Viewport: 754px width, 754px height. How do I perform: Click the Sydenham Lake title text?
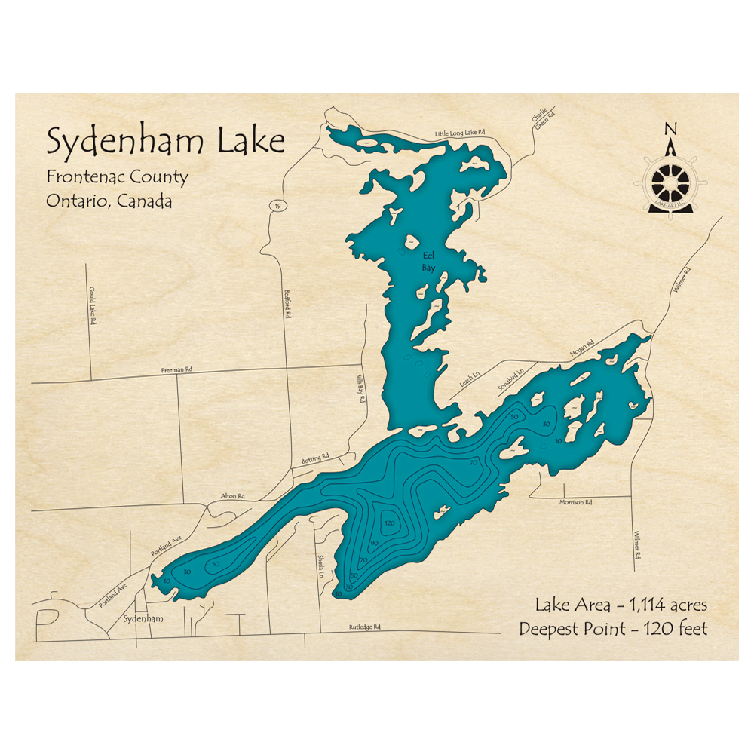[x=165, y=141]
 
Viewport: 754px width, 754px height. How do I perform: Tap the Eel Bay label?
[x=428, y=261]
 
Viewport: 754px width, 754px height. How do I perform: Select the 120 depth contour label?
[x=390, y=523]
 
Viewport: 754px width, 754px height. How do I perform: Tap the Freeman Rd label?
[x=177, y=370]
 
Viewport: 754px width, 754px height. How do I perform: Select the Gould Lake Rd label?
[x=93, y=305]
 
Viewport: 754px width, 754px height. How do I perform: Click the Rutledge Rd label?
[x=364, y=627]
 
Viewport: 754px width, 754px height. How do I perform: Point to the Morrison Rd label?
[x=575, y=502]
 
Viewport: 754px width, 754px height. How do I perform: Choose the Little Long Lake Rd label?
[x=459, y=133]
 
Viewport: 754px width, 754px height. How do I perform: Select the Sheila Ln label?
[x=321, y=565]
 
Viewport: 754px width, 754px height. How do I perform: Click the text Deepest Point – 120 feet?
[x=613, y=629]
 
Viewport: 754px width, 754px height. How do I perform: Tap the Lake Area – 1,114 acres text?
[x=620, y=605]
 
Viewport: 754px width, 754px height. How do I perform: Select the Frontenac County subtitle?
[x=117, y=177]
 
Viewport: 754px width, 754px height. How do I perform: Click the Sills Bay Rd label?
[x=360, y=390]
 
